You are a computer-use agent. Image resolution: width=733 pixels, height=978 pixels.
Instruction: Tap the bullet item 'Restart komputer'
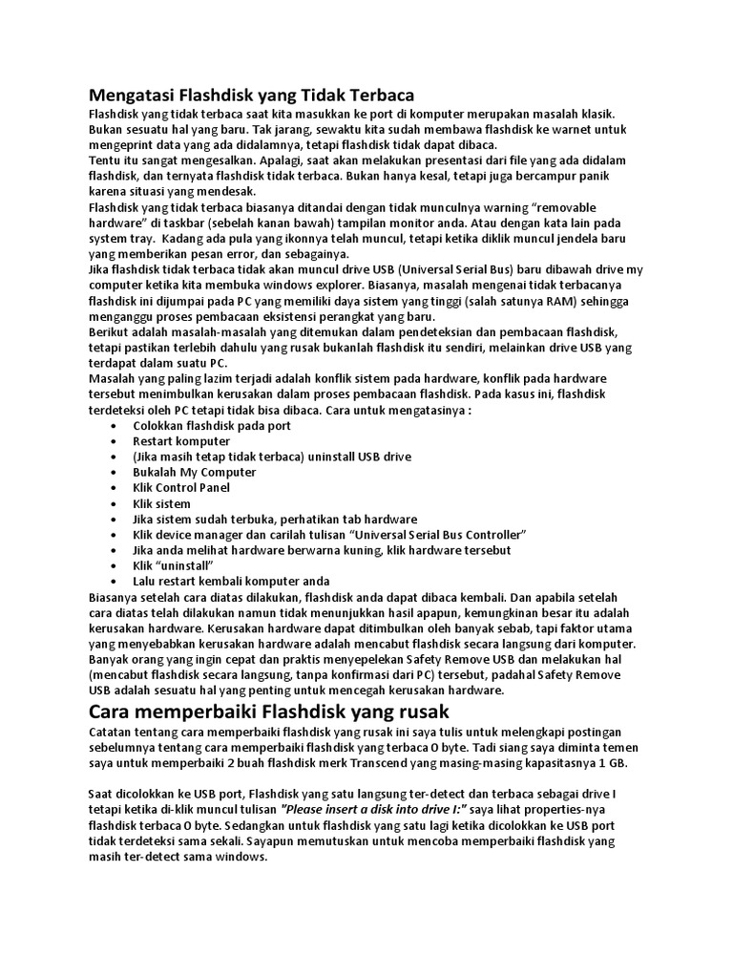[181, 441]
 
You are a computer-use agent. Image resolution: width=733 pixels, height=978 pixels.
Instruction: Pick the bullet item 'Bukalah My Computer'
[194, 472]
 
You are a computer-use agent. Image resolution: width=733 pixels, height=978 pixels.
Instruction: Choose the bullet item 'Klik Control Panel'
[181, 487]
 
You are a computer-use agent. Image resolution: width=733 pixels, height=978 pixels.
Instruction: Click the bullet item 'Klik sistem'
[161, 503]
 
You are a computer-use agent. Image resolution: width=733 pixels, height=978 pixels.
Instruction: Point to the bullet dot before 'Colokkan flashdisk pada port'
[115, 426]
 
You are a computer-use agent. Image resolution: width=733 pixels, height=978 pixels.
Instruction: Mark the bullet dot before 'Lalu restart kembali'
[115, 581]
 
